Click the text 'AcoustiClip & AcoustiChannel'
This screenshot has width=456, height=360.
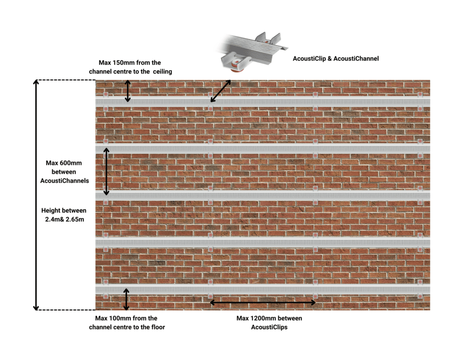pyautogui.click(x=335, y=58)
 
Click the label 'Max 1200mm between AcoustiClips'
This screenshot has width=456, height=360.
pyautogui.click(x=269, y=323)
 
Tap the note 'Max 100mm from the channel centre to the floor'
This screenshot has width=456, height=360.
pyautogui.click(x=126, y=323)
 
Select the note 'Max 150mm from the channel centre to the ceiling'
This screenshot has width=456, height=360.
pyautogui.click(x=130, y=67)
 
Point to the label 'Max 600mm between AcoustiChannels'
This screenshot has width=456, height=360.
pyautogui.click(x=64, y=172)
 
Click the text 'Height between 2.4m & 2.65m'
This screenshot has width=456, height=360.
pyautogui.click(x=64, y=215)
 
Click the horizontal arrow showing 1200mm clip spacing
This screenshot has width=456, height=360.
pyautogui.click(x=263, y=303)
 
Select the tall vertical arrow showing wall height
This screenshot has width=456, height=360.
pyautogui.click(x=37, y=195)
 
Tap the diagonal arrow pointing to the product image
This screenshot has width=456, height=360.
pyautogui.click(x=220, y=91)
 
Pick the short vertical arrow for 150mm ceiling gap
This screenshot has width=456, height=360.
pyautogui.click(x=128, y=91)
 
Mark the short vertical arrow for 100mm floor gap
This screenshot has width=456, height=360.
pyautogui.click(x=126, y=299)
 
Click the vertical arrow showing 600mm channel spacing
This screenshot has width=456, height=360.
pyautogui.click(x=106, y=172)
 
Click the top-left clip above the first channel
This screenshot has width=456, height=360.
pyautogui.click(x=106, y=94)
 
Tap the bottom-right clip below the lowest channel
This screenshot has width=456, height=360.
pyautogui.click(x=419, y=296)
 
